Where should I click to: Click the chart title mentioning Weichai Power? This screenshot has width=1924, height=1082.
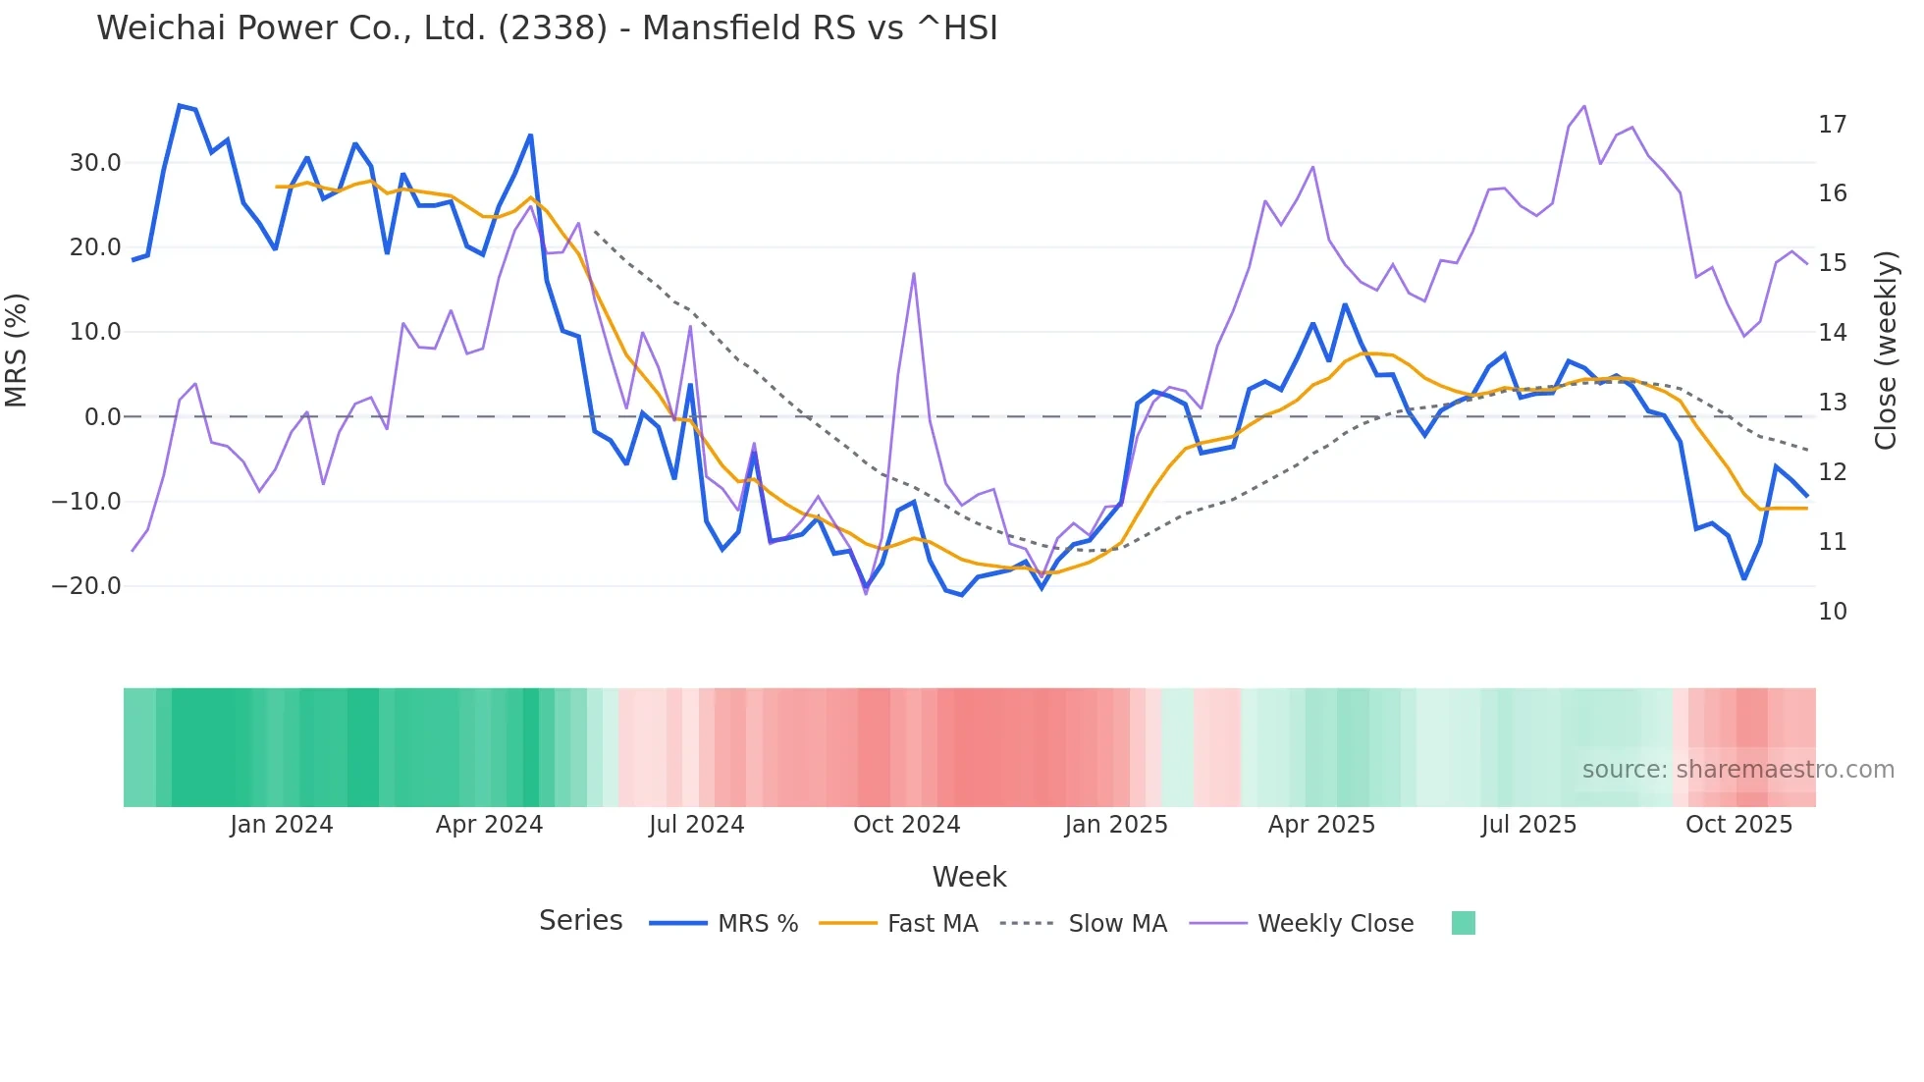[x=547, y=27]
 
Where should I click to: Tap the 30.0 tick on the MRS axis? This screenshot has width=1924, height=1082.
[x=95, y=163]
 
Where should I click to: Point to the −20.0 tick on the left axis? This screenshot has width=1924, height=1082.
[x=86, y=586]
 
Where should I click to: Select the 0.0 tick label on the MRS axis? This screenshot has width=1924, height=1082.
[x=103, y=417]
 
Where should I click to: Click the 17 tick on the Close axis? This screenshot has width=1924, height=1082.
[x=1832, y=125]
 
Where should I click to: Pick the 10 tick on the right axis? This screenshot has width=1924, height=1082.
[x=1832, y=612]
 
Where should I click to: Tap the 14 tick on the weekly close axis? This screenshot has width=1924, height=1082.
[x=1832, y=333]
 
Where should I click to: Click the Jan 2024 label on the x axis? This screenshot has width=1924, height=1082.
[x=282, y=825]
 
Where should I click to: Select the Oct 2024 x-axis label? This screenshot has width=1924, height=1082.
[x=906, y=825]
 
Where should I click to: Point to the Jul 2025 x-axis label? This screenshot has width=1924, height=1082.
[x=1528, y=825]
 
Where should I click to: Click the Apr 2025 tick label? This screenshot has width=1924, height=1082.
[x=1321, y=825]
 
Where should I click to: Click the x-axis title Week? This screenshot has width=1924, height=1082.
[x=969, y=877]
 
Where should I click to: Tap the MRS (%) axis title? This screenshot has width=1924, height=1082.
[x=17, y=351]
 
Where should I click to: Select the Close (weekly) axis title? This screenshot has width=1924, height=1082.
[x=1886, y=351]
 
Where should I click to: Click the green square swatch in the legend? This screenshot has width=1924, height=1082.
[x=1463, y=923]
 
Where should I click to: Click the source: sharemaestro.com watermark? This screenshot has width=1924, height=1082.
[x=1737, y=770]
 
